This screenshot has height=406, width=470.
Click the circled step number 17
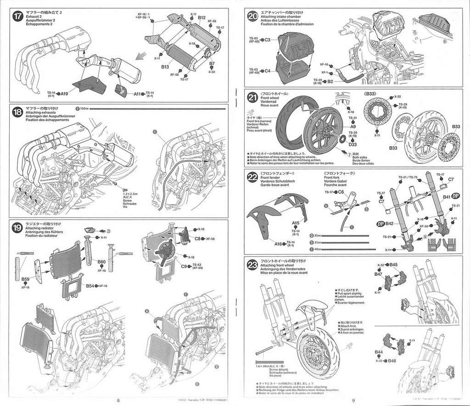click(18, 15)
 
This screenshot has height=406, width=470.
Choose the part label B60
click(101, 262)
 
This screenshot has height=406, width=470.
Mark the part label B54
click(90, 286)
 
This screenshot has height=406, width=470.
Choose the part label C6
click(341, 192)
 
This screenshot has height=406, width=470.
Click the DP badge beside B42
click(380, 223)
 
